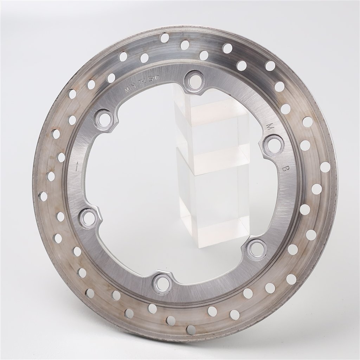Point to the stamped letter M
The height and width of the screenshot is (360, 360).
point(270,126)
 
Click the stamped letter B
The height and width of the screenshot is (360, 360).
point(285,168)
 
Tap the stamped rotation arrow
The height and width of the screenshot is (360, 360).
point(77,166)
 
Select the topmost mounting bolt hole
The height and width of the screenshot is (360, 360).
point(194,80)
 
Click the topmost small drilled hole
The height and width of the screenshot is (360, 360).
point(164,38)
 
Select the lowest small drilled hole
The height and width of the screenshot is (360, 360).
point(191,329)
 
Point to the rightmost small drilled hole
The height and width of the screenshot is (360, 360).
point(325,167)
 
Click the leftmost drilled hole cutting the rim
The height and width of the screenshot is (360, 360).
point(43,196)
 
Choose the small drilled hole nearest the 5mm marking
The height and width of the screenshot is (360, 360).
point(144,58)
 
